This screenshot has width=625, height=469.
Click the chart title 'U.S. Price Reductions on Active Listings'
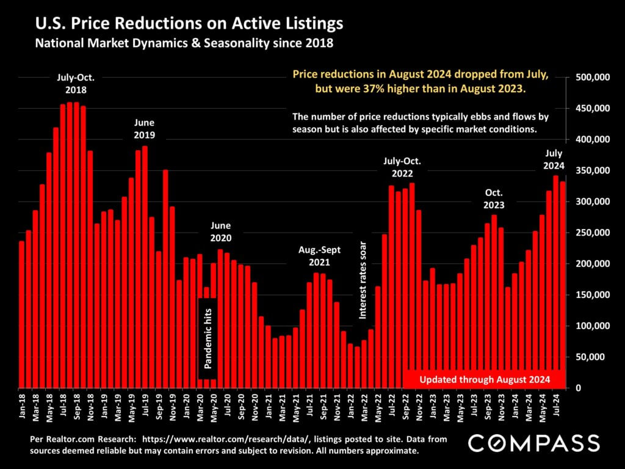tap(189, 24)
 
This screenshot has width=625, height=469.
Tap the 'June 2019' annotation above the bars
tap(144, 128)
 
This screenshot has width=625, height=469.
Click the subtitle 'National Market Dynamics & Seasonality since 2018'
tap(184, 44)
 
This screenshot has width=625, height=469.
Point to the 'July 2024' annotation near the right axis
tap(554, 159)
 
